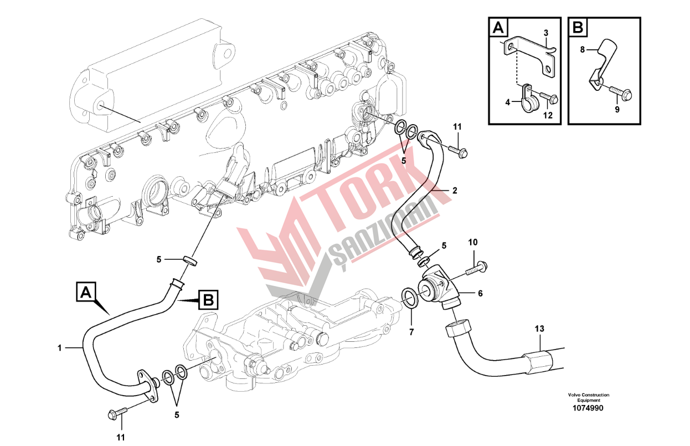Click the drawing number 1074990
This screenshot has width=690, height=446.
588,408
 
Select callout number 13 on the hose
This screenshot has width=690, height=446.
539,329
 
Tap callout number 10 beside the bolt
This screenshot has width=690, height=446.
472,242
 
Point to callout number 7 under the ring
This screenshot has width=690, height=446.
411,332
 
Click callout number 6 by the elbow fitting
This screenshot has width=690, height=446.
480,294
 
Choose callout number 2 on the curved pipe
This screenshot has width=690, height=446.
455,190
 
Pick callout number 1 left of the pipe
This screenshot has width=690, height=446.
59,348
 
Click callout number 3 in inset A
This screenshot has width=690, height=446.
545,33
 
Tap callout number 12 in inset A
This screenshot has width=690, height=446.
548,116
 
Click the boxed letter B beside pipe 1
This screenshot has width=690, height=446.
208,300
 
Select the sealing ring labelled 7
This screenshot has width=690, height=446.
409,297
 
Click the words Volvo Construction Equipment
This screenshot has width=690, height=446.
588,397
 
